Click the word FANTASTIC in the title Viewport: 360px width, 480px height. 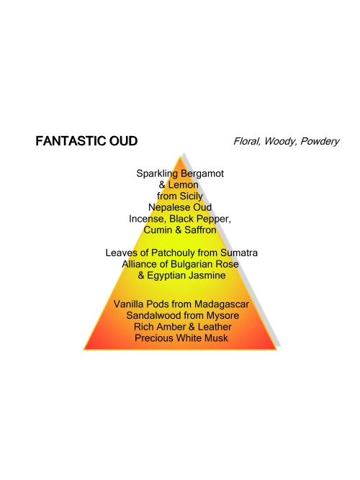click(x=66, y=141)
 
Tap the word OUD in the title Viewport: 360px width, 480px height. click(x=119, y=141)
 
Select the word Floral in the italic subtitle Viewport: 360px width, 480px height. click(x=247, y=142)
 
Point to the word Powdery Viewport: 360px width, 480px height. click(x=320, y=142)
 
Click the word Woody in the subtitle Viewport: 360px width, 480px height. click(x=281, y=142)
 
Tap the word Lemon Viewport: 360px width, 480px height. click(x=183, y=185)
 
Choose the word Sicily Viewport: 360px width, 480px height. click(x=192, y=196)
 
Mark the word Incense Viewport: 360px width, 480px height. click(x=148, y=219)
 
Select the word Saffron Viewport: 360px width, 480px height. click(x=200, y=230)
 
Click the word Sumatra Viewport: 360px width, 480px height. click(x=239, y=253)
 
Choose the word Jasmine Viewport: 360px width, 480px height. click(x=207, y=276)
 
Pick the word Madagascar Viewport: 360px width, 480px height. click(x=222, y=304)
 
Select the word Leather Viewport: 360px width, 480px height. click(x=215, y=327)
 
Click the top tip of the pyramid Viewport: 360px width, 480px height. click(x=181, y=156)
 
